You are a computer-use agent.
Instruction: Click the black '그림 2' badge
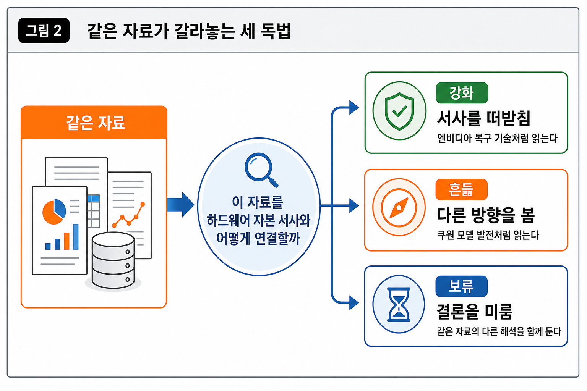pos(44,31)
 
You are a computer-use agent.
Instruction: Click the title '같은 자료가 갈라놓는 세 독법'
pos(189,31)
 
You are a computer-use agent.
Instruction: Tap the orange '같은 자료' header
pos(94,122)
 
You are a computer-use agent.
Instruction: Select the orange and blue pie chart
pos(54,212)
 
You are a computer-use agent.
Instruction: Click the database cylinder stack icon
pos(113,260)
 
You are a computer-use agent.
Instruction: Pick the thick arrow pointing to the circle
pos(180,205)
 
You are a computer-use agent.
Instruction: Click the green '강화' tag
pos(462,93)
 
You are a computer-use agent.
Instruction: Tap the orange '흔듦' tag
pos(462,190)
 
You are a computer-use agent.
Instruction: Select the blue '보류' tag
pos(462,286)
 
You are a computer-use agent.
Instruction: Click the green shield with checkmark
pos(399,111)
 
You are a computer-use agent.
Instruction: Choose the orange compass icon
pos(399,208)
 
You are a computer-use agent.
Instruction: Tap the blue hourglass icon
pos(399,304)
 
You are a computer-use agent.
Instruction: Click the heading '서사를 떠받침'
pos(484,118)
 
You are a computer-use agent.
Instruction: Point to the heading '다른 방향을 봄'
pos(486,215)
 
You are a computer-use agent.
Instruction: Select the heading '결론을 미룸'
pos(475,312)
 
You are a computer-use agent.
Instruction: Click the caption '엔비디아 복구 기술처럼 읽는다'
pos(497,138)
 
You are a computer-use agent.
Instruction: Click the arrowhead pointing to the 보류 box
pos(354,303)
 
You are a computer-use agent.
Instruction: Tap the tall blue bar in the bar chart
pos(76,237)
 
